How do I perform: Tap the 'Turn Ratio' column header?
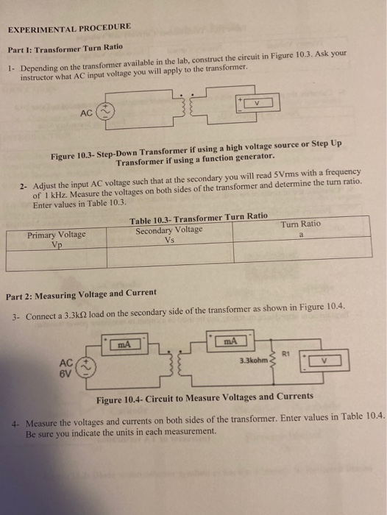[x=301, y=223]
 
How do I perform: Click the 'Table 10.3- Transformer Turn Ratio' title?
[x=199, y=217]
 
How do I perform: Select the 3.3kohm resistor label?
[x=254, y=360]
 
